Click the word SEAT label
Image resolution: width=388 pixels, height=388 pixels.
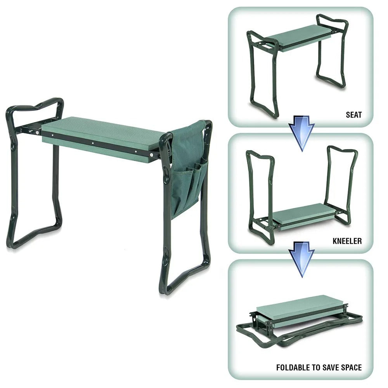point(353,115)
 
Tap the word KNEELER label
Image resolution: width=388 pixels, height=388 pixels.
point(347,241)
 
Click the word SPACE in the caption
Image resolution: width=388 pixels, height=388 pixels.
point(350,367)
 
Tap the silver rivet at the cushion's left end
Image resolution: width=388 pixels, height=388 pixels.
point(37,132)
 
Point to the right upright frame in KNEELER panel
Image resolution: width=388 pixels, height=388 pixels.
point(341,182)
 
